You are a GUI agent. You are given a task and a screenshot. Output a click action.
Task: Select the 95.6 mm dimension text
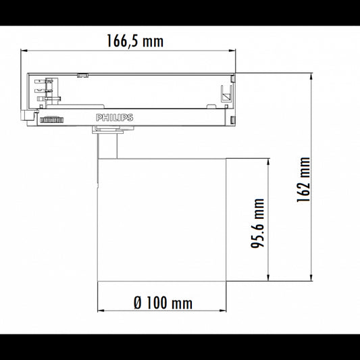(257, 222)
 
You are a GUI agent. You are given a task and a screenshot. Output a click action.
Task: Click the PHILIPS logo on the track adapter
(115, 118)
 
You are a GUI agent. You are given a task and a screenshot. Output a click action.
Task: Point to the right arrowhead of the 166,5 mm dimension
(234, 51)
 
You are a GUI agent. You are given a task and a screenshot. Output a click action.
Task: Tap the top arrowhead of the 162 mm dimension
(311, 76)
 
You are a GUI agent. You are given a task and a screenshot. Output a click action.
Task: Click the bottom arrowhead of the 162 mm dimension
(311, 278)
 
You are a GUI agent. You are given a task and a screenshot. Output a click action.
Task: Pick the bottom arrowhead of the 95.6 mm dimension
(268, 278)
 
